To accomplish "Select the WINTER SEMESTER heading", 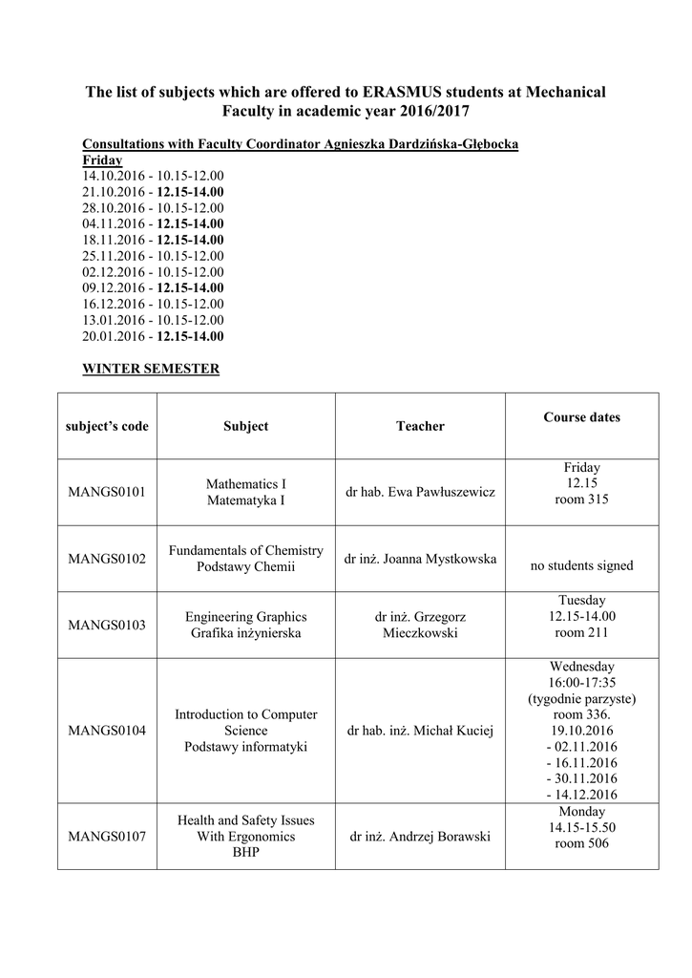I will pyautogui.click(x=151, y=369).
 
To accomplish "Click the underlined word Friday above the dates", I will pyautogui.click(x=102, y=159).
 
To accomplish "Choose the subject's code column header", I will pyautogui.click(x=108, y=426).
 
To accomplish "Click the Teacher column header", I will pyautogui.click(x=420, y=426).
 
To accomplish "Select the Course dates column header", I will pyautogui.click(x=581, y=417).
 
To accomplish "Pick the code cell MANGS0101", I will pyautogui.click(x=107, y=492).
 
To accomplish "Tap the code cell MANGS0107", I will pyautogui.click(x=107, y=837).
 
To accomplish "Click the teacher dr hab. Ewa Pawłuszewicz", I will pyautogui.click(x=420, y=492).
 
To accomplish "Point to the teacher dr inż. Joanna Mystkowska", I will pyautogui.click(x=420, y=559).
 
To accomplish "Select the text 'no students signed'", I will pyautogui.click(x=581, y=565).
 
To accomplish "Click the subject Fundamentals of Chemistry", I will pyautogui.click(x=246, y=551).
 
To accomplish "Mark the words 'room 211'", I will pyautogui.click(x=581, y=632).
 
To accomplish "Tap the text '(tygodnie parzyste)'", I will pyautogui.click(x=581, y=698).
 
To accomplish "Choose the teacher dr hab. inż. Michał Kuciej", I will pyautogui.click(x=420, y=731).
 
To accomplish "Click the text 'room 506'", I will pyautogui.click(x=581, y=843).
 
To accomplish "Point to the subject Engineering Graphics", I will pyautogui.click(x=246, y=617).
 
